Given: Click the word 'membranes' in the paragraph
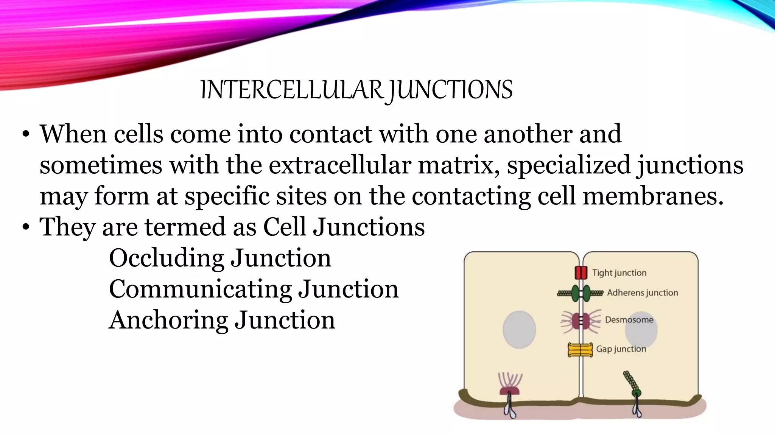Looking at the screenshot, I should (653, 196).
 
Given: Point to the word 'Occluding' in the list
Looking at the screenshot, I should (167, 258).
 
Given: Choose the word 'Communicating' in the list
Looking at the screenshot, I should (200, 289).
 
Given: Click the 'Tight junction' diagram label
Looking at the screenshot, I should (619, 273).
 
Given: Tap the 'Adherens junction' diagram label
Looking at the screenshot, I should (642, 293).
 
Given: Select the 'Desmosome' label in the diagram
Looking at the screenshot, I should (629, 320).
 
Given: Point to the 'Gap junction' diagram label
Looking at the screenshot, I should (621, 349).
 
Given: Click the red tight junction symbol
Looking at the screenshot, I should (581, 272).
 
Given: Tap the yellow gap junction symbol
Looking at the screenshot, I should (580, 350).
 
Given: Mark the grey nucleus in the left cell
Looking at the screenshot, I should (519, 329).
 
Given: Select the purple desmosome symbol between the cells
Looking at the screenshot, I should (580, 321).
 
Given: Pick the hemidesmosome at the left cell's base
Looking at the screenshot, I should (510, 390).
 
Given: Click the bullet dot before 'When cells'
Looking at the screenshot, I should (26, 134).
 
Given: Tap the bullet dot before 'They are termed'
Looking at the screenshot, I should (26, 227).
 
